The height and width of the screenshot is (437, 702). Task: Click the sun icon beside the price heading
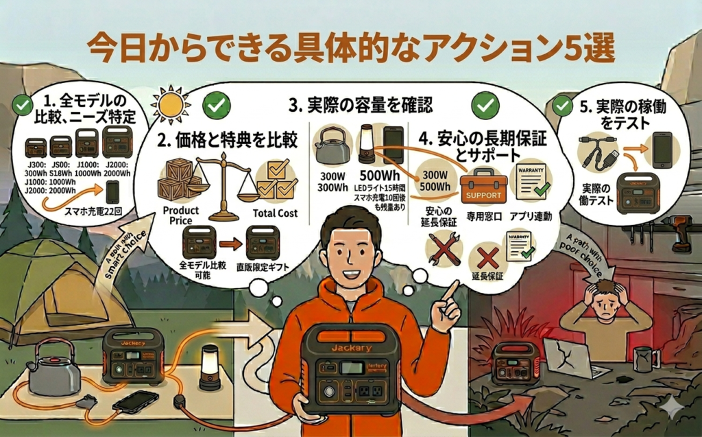click(169, 104)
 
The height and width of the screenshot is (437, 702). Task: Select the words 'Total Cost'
click(275, 213)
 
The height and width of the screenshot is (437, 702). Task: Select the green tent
click(65, 288)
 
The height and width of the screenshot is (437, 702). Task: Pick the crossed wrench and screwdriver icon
click(442, 248)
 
